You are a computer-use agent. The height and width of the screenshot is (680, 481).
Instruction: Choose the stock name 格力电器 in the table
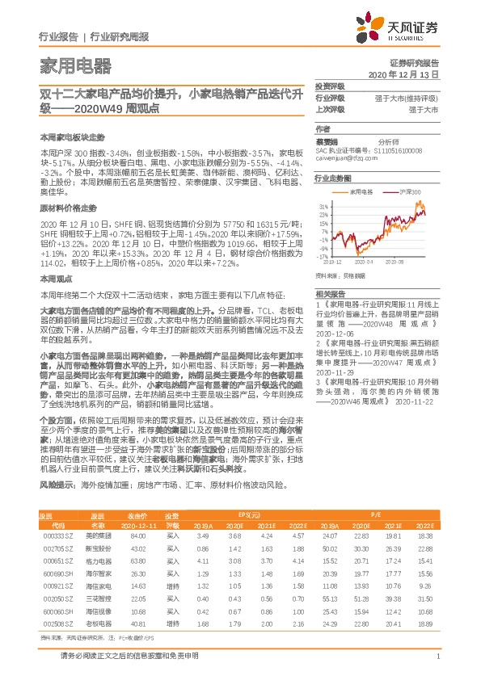tap(95, 560)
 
